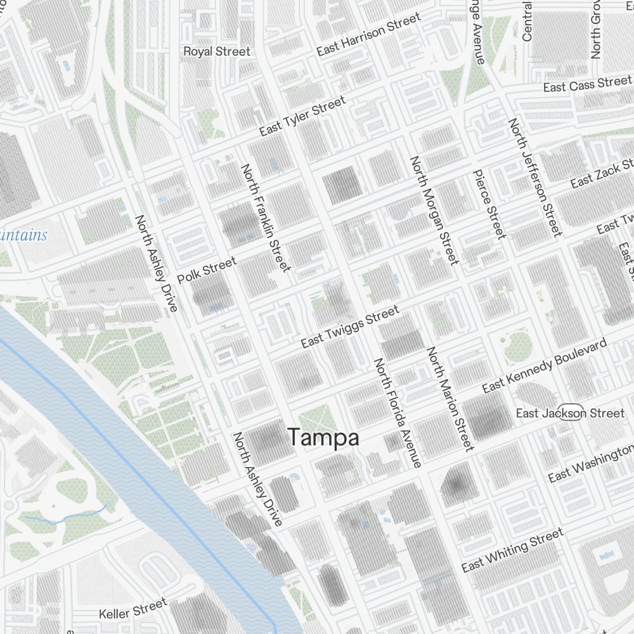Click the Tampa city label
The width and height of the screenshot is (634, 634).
pos(323,437)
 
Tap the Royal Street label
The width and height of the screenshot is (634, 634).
pos(217,51)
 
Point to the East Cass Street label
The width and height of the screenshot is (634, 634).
pos(587,84)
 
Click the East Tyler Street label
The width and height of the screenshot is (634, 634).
pos(303,116)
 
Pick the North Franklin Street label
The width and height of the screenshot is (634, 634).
pos(265,217)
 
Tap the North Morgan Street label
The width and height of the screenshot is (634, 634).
pos(434,210)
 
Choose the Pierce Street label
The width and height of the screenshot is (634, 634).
pos(489,204)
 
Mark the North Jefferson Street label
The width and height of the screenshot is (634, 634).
pos(534,178)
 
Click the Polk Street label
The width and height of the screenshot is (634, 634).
pos(207,270)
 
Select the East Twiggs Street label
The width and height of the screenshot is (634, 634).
pos(350,327)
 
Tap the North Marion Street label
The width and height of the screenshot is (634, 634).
pos(450,399)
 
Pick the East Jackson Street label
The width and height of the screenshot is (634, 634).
pos(570,413)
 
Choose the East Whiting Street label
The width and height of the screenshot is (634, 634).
pos(512,550)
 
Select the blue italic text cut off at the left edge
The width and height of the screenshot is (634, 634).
pos(23,235)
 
